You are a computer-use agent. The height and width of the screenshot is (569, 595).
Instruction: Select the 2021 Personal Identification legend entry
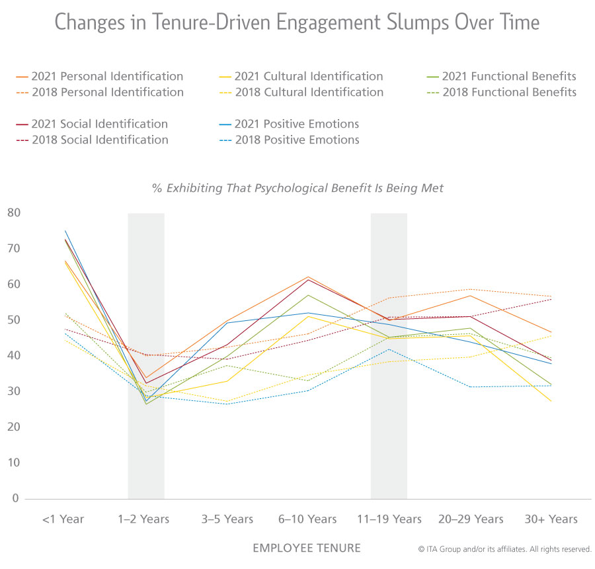99,76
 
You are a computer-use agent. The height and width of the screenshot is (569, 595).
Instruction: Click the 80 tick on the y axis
14,213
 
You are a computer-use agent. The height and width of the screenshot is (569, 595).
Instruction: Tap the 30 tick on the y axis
14,392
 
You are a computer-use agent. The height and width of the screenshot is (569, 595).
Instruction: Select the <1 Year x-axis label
63,519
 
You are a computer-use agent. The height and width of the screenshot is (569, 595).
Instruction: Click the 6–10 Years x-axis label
308,519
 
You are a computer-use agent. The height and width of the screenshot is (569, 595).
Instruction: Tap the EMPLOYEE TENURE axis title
306,548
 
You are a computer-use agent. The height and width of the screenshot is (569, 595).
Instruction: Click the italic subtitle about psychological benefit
297,188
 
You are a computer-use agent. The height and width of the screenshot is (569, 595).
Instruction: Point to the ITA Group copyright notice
504,549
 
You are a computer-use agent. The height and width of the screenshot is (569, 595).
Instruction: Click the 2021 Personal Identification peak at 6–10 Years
308,277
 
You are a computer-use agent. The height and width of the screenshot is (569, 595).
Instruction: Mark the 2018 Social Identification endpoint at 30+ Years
551,299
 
